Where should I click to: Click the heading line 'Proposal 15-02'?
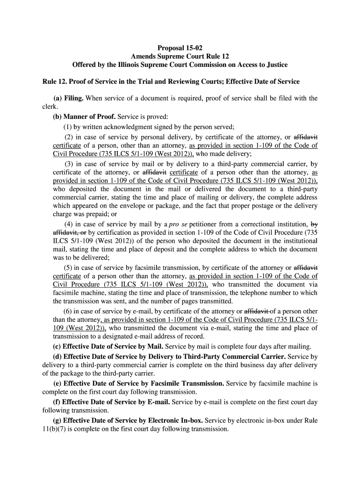pos(180,47)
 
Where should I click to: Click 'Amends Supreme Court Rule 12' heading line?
pos(180,56)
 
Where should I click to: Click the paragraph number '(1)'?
pos(68,126)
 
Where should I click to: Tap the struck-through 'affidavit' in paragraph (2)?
pos(305,137)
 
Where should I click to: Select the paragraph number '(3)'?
pos(69,164)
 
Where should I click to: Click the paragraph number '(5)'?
pos(69,268)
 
